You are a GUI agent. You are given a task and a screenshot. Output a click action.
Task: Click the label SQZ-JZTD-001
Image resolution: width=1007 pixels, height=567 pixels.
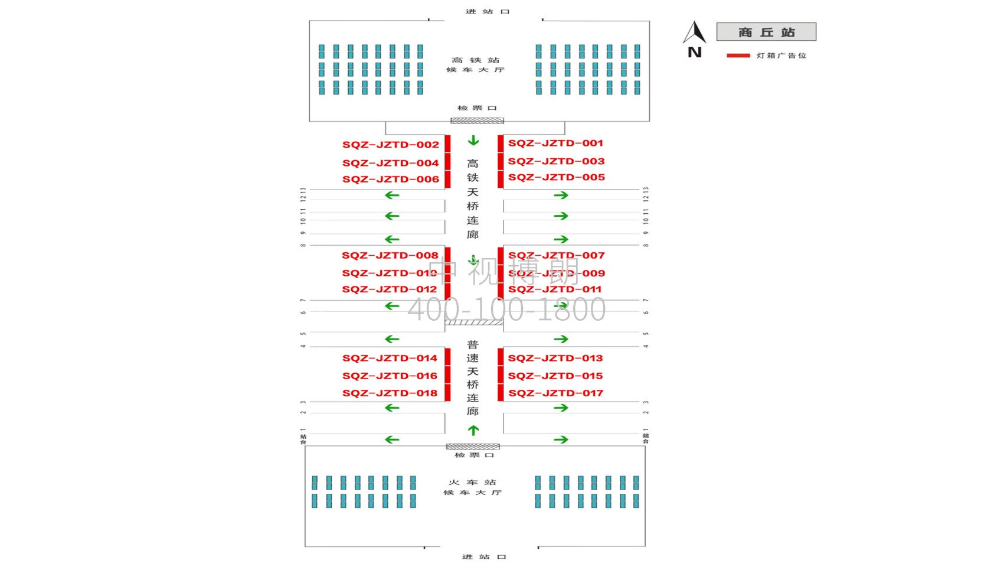(x=555, y=143)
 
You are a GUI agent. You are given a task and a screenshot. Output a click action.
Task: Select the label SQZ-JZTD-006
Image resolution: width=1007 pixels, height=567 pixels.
(x=390, y=179)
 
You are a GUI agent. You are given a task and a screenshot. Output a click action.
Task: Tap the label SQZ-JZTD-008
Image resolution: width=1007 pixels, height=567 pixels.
(x=390, y=255)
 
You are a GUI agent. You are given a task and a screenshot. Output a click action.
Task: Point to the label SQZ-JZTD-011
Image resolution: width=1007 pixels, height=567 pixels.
(x=555, y=289)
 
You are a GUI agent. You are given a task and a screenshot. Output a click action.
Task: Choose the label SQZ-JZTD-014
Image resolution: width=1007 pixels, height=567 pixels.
(x=390, y=358)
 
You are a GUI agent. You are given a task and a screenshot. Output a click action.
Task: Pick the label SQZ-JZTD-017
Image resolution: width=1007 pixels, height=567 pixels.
(x=555, y=393)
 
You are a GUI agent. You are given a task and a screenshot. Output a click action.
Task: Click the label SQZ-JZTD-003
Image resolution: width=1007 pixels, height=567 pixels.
(x=556, y=161)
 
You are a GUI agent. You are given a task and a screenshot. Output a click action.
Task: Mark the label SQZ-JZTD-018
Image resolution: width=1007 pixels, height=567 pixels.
(x=390, y=393)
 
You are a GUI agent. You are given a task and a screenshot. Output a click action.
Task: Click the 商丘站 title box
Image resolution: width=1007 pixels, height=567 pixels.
(x=766, y=32)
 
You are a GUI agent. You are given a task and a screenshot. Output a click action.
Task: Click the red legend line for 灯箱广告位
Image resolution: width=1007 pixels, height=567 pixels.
(x=738, y=56)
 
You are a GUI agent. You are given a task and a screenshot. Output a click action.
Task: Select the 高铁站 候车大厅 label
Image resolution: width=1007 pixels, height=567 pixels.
(x=475, y=65)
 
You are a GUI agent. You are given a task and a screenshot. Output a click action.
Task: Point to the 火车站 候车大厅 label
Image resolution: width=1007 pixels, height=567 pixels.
(x=472, y=487)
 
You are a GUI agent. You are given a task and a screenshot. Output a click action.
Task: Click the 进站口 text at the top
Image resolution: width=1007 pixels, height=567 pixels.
(x=487, y=11)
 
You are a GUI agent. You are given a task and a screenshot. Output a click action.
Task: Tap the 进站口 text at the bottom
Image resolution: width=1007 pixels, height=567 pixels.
(x=484, y=557)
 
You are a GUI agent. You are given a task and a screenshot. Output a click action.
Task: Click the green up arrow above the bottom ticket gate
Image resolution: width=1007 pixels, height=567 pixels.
(x=473, y=430)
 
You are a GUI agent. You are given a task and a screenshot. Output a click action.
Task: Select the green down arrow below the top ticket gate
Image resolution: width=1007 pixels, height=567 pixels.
(x=473, y=141)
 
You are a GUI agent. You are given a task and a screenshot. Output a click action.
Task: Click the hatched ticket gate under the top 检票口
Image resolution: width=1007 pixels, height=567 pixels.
(x=477, y=120)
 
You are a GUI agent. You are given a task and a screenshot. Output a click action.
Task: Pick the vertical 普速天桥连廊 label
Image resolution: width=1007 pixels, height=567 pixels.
(x=473, y=378)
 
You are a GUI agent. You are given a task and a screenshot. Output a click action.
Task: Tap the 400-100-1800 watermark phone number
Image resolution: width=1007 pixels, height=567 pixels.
(x=506, y=309)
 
